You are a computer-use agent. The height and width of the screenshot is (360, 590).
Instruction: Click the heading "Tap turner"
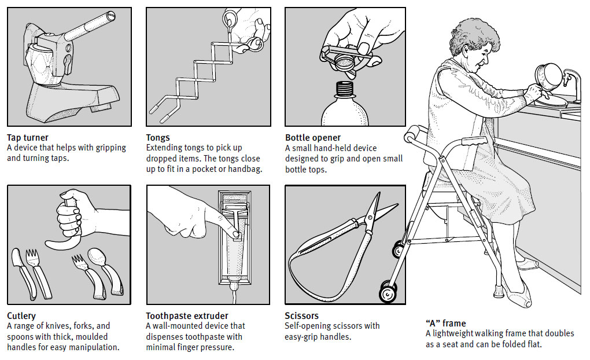[x=28, y=138]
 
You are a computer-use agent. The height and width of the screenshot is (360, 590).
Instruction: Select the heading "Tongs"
[x=158, y=138]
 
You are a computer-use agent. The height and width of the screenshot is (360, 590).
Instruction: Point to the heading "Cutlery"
[x=21, y=316]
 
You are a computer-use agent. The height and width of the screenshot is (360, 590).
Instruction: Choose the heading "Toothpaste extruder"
[x=187, y=316]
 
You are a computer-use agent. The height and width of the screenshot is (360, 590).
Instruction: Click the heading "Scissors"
[x=302, y=316]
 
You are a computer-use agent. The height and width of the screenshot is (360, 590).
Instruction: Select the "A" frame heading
[x=445, y=323]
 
